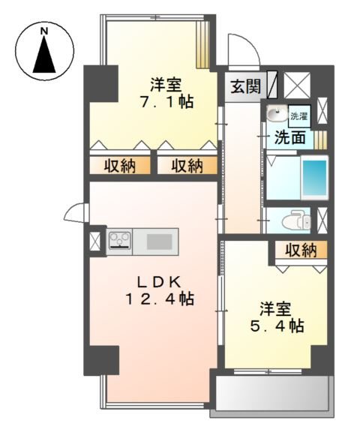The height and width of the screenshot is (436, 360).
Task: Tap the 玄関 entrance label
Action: (x=244, y=86)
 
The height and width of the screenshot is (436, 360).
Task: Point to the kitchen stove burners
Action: (x=120, y=241)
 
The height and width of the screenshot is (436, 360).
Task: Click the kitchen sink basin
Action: (x=158, y=241)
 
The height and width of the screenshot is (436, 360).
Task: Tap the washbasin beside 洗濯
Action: (x=277, y=116)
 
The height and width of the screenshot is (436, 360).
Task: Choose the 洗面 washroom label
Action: (x=289, y=137)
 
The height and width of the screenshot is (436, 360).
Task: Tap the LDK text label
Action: (x=158, y=281)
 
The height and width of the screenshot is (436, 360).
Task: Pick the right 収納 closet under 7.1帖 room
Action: (x=186, y=166)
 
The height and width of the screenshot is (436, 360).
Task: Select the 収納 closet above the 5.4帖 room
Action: (x=300, y=250)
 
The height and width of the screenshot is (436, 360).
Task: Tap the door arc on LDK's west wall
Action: (x=76, y=215)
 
